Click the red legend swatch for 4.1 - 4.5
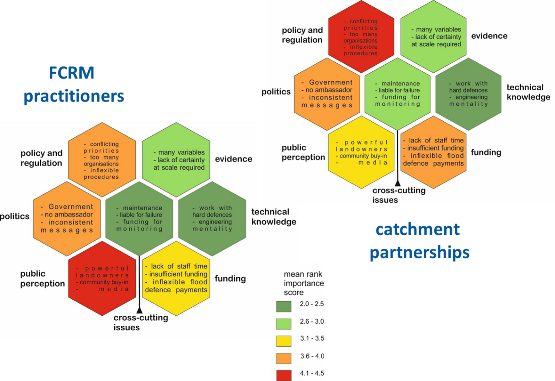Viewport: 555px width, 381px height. [284, 375]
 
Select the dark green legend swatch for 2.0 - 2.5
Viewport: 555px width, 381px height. [284, 306]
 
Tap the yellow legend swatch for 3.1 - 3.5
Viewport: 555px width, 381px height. [284, 341]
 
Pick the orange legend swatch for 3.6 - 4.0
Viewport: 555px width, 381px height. [284, 358]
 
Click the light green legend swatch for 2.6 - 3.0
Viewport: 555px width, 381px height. [284, 324]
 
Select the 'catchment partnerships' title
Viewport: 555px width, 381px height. [419, 241]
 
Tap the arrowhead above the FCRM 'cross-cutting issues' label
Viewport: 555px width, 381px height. [139, 310]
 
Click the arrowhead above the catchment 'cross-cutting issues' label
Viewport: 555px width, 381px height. [398, 183]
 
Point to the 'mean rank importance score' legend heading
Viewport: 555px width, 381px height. [303, 283]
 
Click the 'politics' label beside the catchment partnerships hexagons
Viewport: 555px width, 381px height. [276, 92]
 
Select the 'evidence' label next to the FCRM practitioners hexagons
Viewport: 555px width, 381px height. [233, 159]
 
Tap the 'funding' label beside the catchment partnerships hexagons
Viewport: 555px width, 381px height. [486, 152]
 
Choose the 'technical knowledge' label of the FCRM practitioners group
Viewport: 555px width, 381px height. [273, 217]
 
